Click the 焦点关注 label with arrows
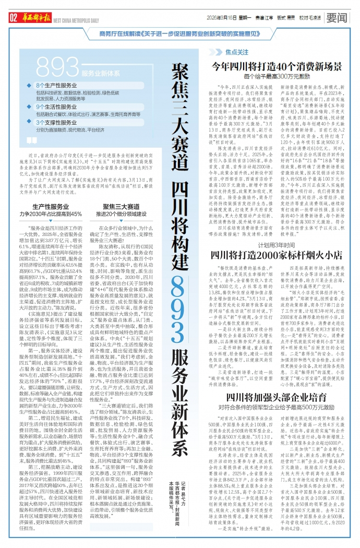pyautogui.click(x=236, y=53)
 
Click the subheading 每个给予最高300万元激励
pyautogui.click(x=276, y=76)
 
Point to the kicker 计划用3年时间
pyautogui.click(x=276, y=245)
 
